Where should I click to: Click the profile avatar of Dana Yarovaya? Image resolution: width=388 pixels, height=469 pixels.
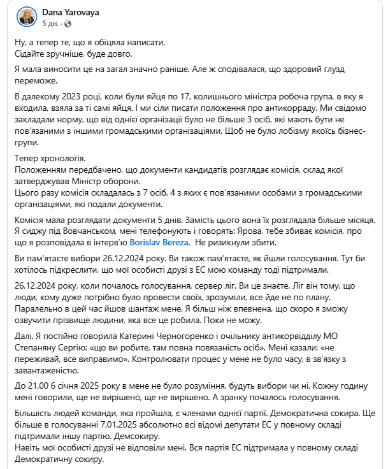point(25,17)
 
